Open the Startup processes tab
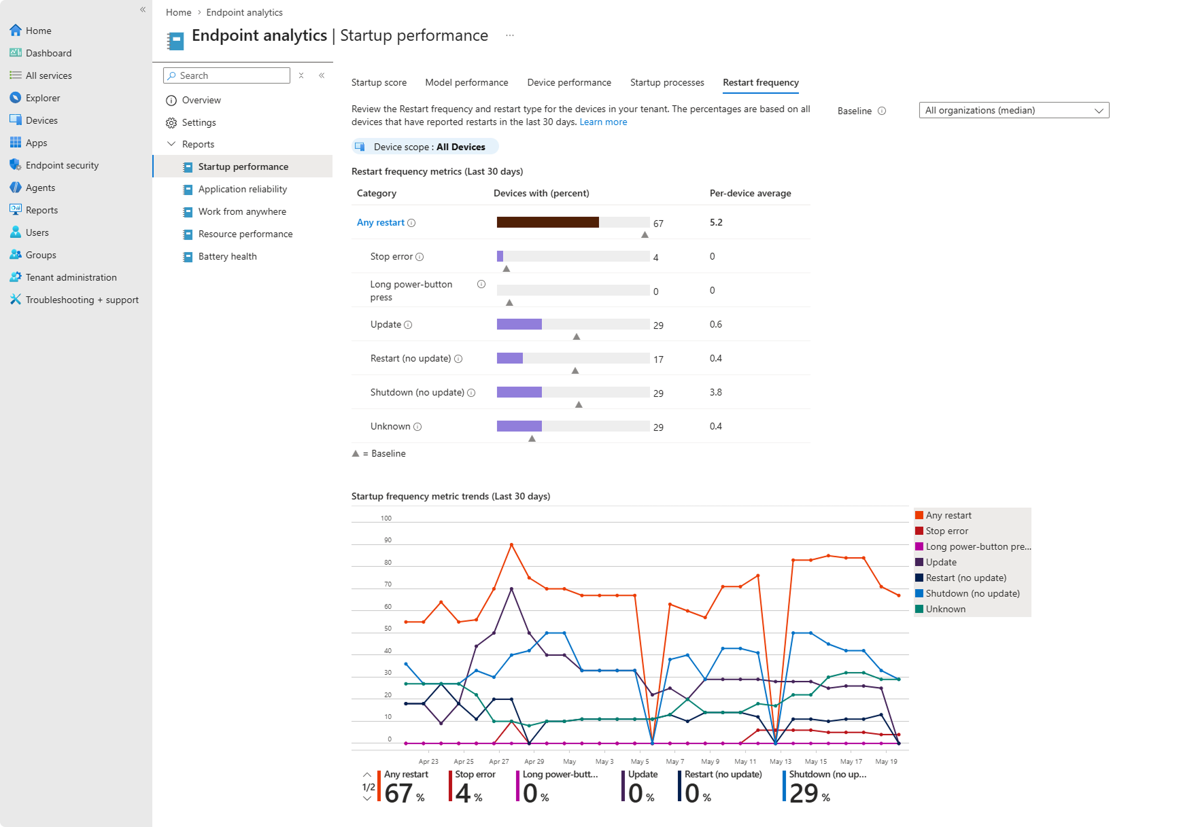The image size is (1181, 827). tap(667, 82)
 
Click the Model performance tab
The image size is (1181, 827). tap(466, 82)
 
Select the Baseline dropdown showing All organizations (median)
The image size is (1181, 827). tap(1014, 110)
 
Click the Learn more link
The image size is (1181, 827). tap(603, 122)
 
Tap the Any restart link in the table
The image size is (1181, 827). tap(381, 223)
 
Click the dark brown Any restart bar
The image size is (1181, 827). tap(548, 222)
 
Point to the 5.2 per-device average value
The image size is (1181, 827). tap(716, 222)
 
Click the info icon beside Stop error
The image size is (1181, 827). tap(420, 257)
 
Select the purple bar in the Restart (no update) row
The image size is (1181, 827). tap(510, 358)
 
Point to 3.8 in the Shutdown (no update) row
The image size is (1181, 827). tap(716, 392)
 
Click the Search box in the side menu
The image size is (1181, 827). tap(226, 75)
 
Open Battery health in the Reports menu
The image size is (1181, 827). tap(228, 257)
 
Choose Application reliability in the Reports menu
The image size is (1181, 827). tap(243, 190)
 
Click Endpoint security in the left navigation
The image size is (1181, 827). tap(62, 165)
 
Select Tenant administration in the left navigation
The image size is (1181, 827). tap(71, 277)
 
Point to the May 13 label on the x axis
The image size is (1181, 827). tap(781, 762)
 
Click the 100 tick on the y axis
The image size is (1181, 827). tap(386, 518)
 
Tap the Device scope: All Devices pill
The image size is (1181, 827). tap(425, 147)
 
